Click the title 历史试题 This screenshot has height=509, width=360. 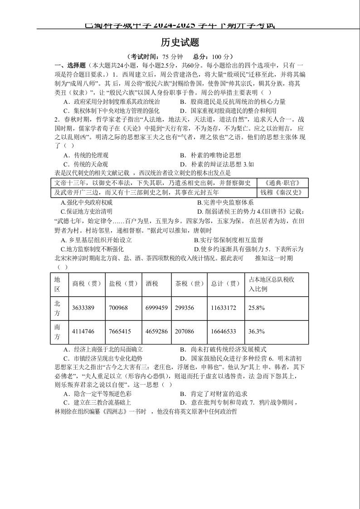pyautogui.click(x=180, y=42)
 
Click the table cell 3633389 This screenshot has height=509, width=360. pyautogui.click(x=83, y=308)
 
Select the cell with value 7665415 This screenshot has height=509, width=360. pyautogui.click(x=120, y=332)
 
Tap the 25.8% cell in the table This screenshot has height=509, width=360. pyautogui.click(x=256, y=308)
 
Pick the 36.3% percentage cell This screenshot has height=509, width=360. pyautogui.click(x=256, y=332)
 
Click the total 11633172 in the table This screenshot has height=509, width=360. pyautogui.click(x=224, y=308)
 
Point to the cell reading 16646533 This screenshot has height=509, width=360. pyautogui.click(x=224, y=332)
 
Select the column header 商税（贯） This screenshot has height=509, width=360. pyautogui.click(x=87, y=284)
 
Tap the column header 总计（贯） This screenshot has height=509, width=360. pyautogui.click(x=225, y=284)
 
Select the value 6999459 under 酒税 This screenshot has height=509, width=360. pyautogui.click(x=156, y=308)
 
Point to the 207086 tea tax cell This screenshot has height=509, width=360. pyautogui.click(x=185, y=332)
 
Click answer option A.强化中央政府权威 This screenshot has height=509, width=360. pyautogui.click(x=89, y=202)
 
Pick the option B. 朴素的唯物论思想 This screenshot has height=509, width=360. pyautogui.click(x=210, y=156)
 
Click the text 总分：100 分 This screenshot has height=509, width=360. pyautogui.click(x=213, y=57)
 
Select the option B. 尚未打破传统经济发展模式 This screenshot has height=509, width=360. pyautogui.click(x=223, y=349)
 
